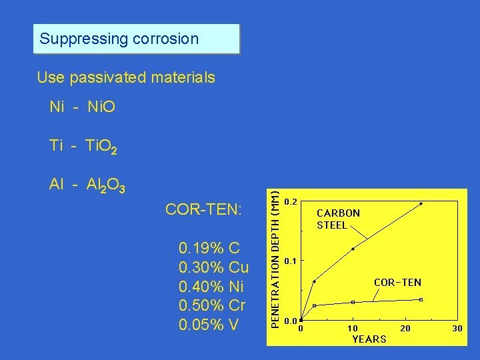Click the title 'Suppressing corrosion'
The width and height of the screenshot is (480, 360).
[119, 39]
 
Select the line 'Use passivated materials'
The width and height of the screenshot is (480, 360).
[126, 77]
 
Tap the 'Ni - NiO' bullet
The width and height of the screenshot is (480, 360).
[83, 107]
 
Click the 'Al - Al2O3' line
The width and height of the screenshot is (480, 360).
[87, 186]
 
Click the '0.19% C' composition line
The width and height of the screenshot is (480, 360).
[209, 249]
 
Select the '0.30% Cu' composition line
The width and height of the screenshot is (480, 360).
[214, 268]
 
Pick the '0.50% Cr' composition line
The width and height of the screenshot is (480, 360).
[213, 306]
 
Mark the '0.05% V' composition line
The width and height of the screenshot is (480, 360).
[209, 325]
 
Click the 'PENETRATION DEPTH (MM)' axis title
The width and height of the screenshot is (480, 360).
[273, 255]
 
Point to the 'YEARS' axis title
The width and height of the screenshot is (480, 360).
[369, 339]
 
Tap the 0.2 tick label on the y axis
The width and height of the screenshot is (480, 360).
[291, 201]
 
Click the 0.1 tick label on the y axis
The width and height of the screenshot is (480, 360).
[291, 261]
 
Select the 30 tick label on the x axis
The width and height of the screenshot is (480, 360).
[457, 328]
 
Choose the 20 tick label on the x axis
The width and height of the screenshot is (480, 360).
[405, 328]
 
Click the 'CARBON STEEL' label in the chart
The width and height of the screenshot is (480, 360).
[338, 219]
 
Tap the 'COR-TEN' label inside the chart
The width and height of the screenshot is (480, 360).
[397, 282]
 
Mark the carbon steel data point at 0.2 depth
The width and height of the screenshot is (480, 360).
[421, 203]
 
